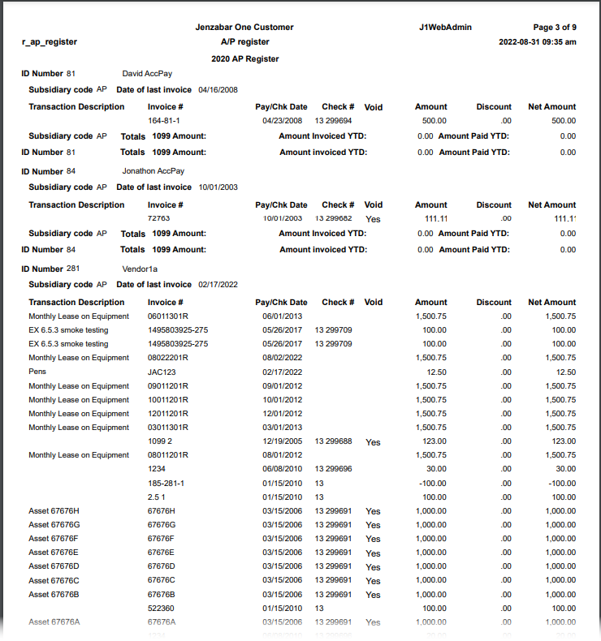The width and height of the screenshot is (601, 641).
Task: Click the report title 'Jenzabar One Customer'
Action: pos(244,27)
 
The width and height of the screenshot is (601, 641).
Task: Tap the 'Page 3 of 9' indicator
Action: pos(554,27)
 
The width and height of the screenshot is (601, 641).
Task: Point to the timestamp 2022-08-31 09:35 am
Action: pos(538,41)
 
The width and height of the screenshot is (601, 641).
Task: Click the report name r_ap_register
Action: pos(50,41)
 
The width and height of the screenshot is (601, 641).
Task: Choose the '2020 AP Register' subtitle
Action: pos(244,58)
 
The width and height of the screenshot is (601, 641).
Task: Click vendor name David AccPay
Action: pos(147,73)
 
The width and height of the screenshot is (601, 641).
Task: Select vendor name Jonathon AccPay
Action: pos(153,171)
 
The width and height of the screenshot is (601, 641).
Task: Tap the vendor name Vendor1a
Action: pos(141,269)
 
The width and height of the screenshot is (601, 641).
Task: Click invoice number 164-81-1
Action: pos(165,120)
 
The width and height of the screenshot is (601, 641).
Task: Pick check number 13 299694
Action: pos(333,120)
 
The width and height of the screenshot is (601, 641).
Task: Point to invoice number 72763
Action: pos(159,218)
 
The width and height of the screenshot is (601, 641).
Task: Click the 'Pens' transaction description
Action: pos(37,372)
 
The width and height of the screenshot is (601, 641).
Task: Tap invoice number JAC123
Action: pos(162,372)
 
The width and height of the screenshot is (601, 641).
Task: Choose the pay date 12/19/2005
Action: pos(282,441)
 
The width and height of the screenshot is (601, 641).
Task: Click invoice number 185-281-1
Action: pos(166,483)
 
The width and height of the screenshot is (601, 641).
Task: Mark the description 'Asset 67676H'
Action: pos(54,510)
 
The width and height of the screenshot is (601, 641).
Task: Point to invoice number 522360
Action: pos(162,608)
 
